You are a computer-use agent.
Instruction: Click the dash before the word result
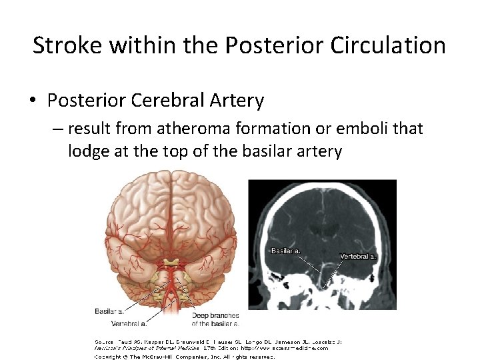click(x=57, y=129)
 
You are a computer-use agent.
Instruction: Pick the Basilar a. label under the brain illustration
click(x=109, y=311)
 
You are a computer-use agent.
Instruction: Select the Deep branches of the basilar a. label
click(x=215, y=319)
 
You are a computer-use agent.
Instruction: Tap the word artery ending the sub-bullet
click(x=318, y=151)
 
